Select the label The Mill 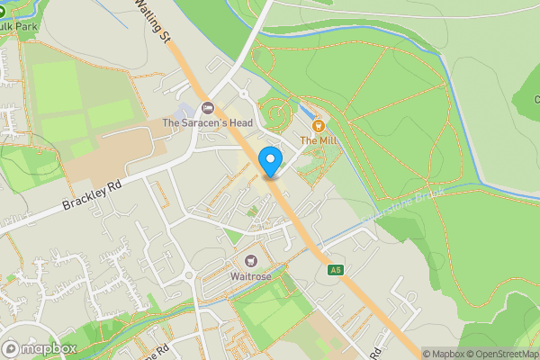(x=317, y=140)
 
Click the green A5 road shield (x=336, y=270)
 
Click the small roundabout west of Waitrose (x=189, y=275)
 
